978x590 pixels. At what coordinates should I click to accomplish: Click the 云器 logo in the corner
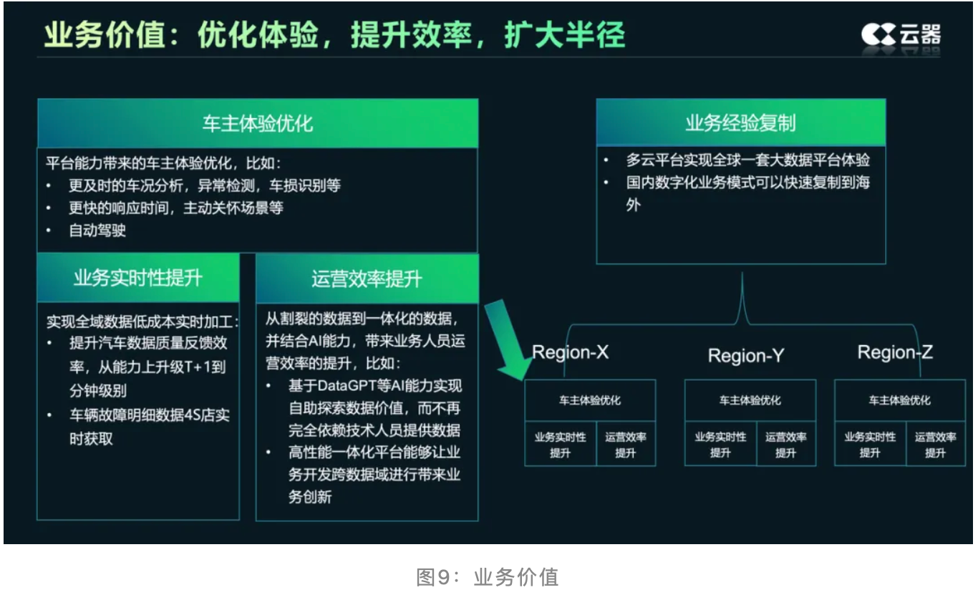point(900,34)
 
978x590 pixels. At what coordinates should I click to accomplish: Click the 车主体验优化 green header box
point(257,123)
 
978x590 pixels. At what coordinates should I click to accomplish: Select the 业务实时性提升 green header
point(137,278)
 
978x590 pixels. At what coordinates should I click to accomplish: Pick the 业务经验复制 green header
point(740,123)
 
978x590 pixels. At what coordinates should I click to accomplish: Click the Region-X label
point(570,353)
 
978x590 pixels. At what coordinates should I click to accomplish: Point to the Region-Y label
point(745,355)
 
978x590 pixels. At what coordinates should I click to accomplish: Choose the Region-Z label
point(895,352)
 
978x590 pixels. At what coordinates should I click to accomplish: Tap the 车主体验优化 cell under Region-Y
point(750,400)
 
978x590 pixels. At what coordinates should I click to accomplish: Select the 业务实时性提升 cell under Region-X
point(560,445)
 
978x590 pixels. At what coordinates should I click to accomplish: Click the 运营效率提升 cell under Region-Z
point(935,445)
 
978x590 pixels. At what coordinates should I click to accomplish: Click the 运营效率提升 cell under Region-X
point(625,445)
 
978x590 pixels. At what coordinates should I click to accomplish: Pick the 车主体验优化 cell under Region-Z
point(899,400)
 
